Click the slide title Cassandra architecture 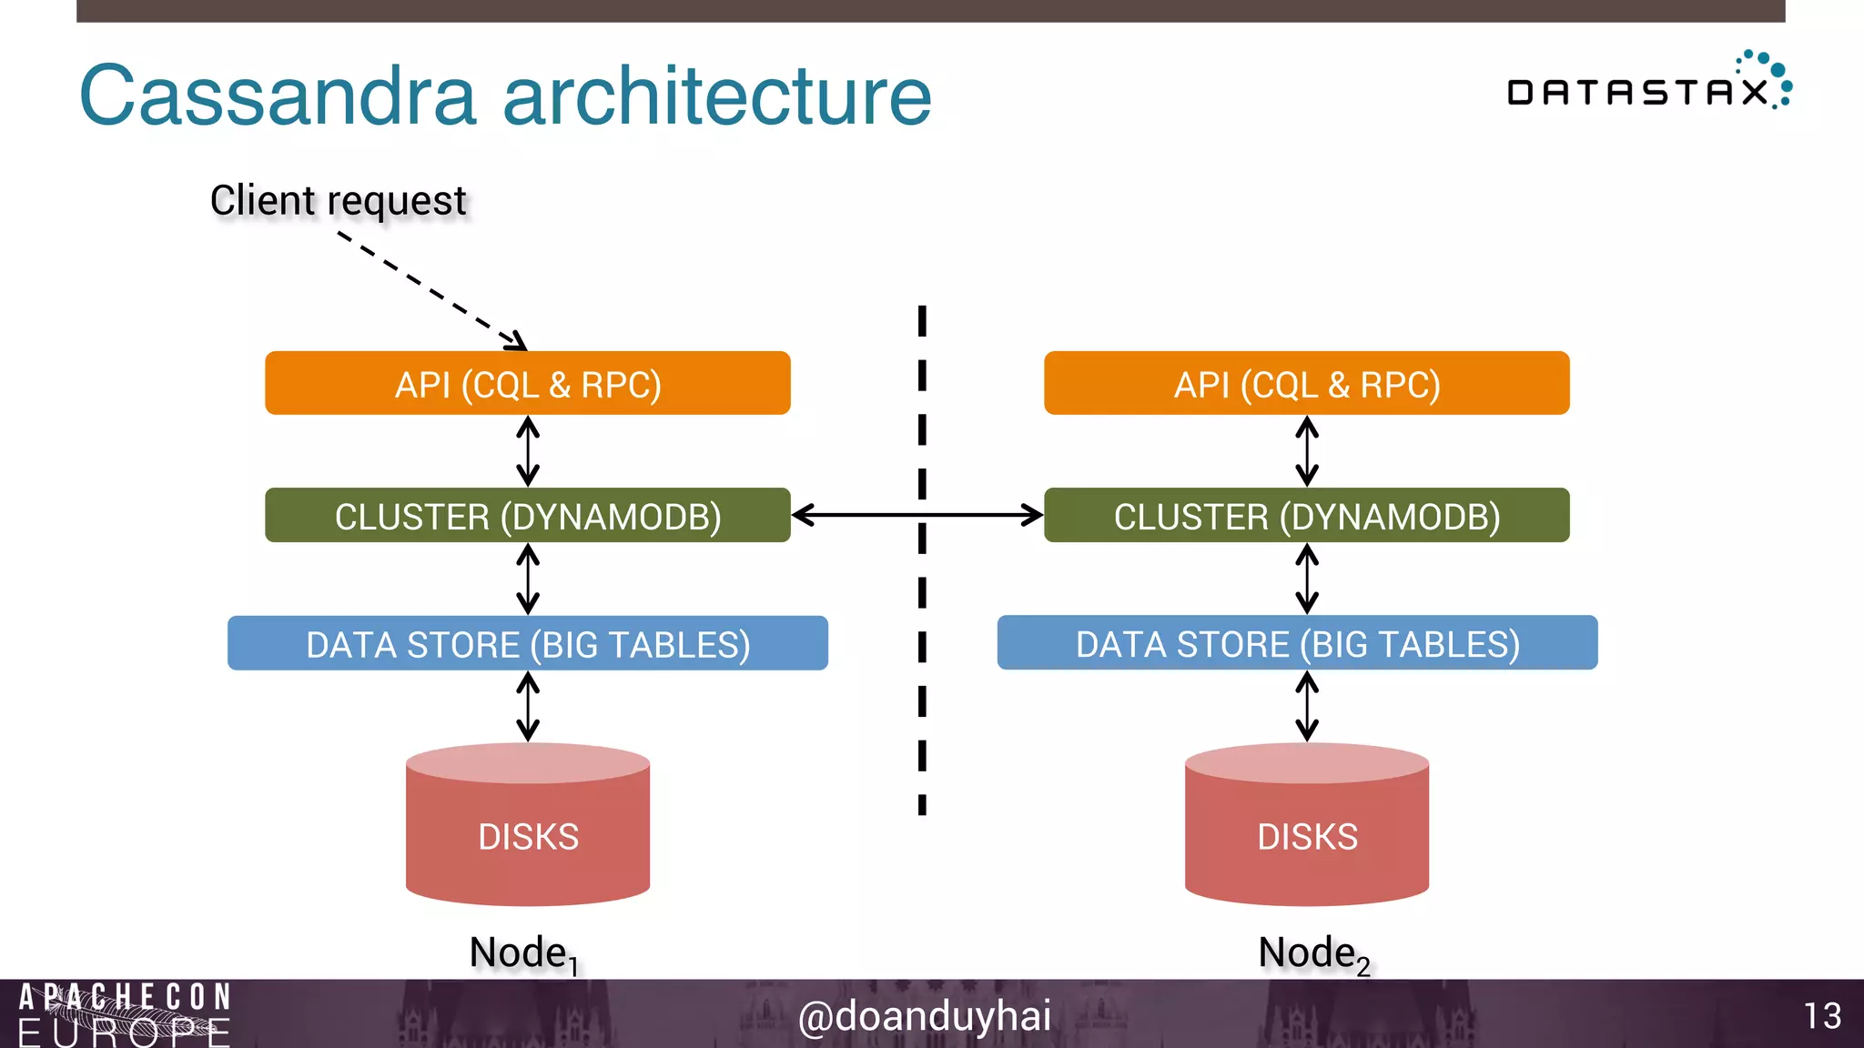505,96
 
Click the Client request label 338,200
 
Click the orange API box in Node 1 527,383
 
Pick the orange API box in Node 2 1306,383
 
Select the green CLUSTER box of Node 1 527,515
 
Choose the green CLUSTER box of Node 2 1306,515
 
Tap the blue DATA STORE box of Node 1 527,643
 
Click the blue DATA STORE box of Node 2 1297,642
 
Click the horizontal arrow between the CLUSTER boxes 917,515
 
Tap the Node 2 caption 1313,953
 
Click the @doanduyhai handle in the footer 924,1015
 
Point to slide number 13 1822,1015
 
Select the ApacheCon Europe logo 124,1013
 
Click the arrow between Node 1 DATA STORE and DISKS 528,706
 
